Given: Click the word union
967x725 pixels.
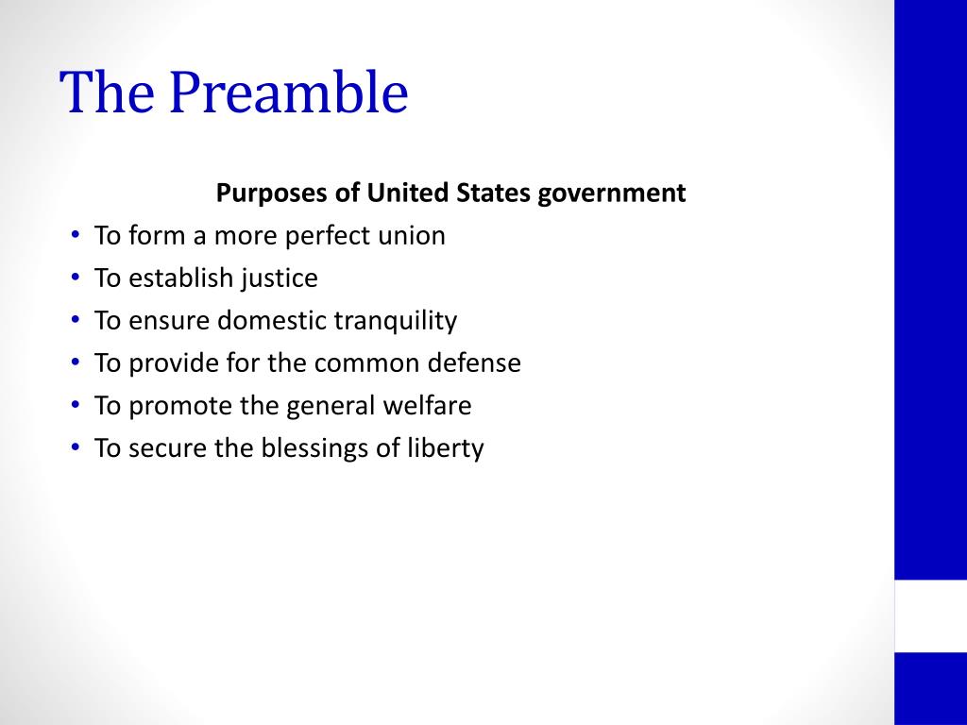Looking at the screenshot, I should pos(411,236).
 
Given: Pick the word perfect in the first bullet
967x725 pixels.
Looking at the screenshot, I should pos(328,236).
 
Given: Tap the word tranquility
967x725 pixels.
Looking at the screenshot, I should pos(396,321).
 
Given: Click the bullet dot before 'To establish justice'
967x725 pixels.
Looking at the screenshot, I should pos(75,278).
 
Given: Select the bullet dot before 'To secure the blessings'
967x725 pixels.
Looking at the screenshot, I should pos(75,448).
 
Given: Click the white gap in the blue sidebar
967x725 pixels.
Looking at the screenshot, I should pos(930,615).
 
